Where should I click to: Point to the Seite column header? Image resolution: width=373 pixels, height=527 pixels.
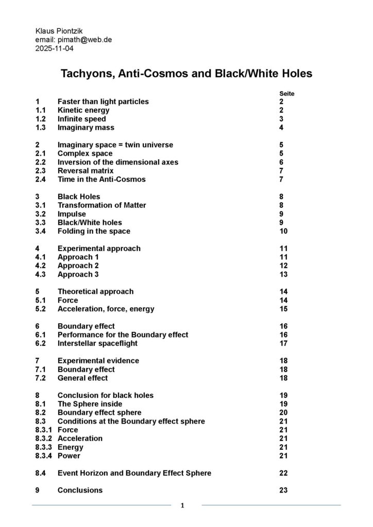[286, 94]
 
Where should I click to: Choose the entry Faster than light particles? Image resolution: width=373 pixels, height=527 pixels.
[103, 102]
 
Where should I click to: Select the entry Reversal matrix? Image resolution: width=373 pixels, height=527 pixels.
[86, 171]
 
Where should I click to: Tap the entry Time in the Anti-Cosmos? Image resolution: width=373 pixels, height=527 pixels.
[101, 180]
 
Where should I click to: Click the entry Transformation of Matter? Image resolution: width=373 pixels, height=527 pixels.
[101, 205]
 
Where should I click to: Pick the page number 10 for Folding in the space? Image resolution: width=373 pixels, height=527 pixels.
[283, 231]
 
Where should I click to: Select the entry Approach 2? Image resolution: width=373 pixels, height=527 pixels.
[78, 266]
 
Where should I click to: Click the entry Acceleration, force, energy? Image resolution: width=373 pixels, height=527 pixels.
[106, 309]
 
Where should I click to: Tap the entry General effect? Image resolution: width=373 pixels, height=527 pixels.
[82, 378]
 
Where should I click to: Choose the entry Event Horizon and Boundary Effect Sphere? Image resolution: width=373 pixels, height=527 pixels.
[134, 473]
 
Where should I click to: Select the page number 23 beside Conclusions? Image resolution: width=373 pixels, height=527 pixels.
[283, 490]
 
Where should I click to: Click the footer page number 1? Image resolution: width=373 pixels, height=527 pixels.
[182, 506]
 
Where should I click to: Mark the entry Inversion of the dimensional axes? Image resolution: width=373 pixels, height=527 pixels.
[118, 162]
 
